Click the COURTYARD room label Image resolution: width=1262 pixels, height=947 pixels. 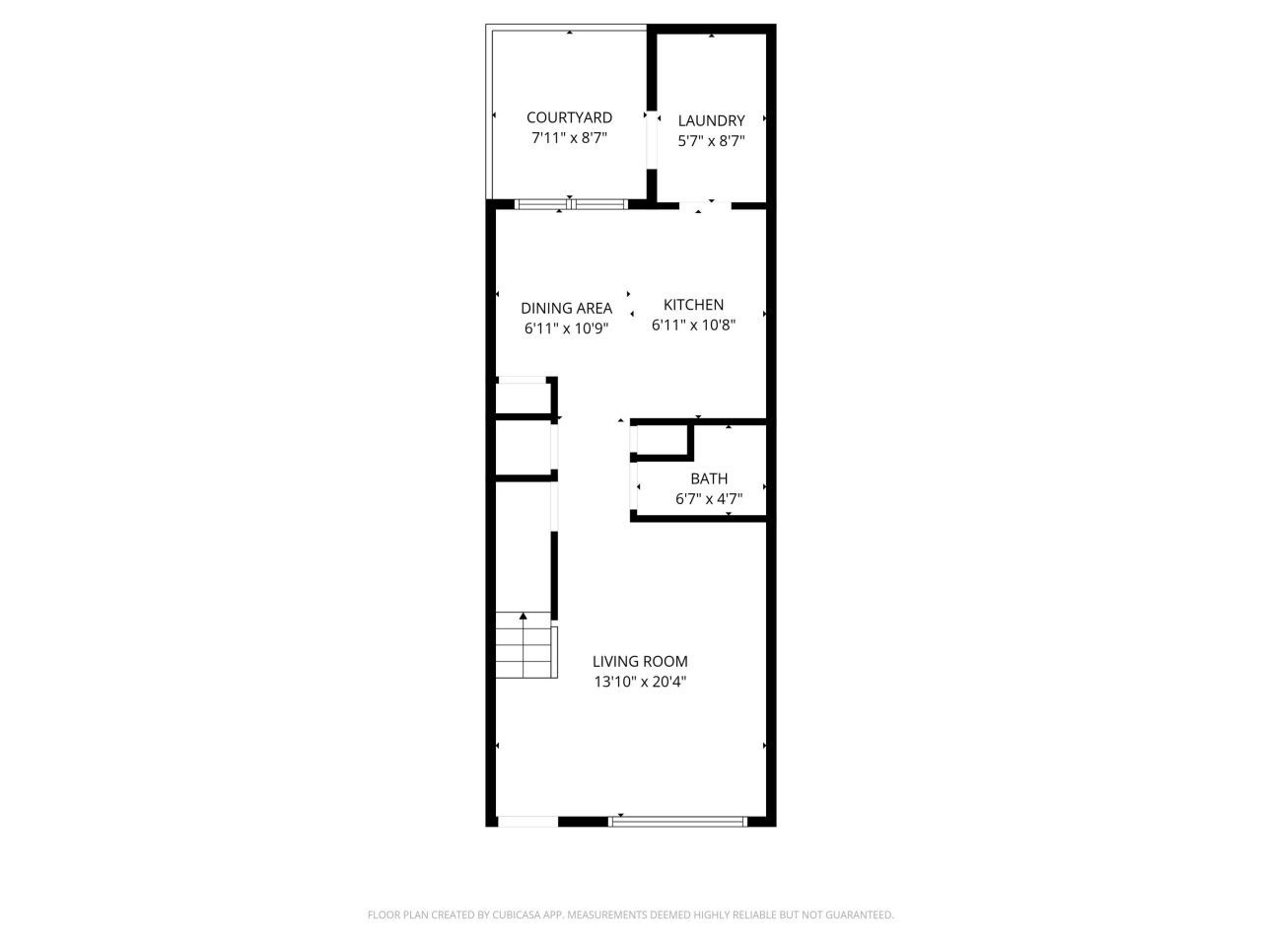569,117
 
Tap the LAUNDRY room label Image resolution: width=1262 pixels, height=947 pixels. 711,120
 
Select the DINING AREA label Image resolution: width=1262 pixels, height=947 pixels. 566,308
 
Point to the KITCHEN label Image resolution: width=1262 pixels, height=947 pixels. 693,305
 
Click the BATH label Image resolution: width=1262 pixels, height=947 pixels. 709,478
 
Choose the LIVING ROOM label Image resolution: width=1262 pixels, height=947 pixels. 640,661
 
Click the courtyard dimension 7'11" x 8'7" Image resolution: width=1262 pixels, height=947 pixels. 569,139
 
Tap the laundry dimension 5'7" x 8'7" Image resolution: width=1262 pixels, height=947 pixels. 711,141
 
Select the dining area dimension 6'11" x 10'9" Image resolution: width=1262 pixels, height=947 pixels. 566,328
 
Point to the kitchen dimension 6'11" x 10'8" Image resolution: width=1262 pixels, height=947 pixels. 693,325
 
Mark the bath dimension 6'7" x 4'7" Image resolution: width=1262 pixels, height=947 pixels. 709,499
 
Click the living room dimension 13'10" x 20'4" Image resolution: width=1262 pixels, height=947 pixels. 640,682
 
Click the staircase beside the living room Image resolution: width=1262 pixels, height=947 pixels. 524,645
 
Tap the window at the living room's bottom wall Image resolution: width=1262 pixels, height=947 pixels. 678,820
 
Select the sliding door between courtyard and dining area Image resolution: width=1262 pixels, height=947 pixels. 570,205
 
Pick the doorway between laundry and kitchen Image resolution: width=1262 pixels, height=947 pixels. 704,205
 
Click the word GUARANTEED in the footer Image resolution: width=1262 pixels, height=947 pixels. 861,915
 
